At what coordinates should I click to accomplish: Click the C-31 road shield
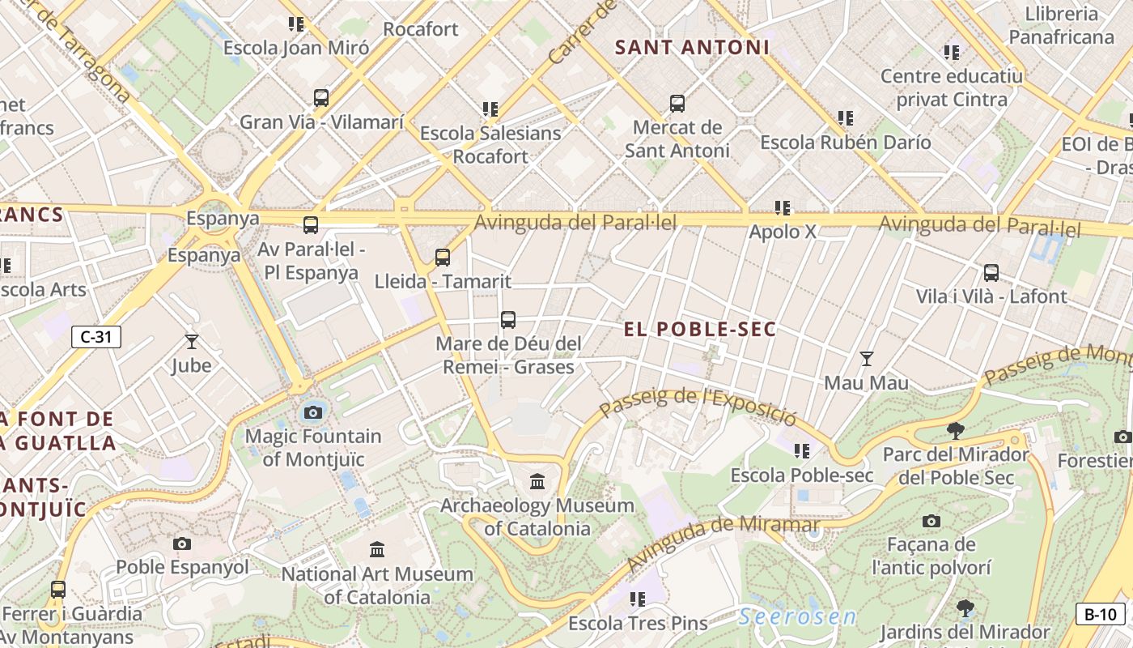96,337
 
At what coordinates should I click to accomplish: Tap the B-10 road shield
1100,614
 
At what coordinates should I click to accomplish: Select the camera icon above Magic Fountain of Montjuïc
313,412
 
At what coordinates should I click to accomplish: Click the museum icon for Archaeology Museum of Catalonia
537,482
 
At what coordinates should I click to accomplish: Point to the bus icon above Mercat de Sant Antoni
677,104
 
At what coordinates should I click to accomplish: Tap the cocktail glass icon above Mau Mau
867,358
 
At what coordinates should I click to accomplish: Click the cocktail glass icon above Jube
192,342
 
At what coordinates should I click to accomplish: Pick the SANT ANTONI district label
692,48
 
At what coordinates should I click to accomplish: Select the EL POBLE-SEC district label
700,329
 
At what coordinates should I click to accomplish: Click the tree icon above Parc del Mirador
956,430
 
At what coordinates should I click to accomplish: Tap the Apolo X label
783,232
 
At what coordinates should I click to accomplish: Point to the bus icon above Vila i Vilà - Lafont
991,273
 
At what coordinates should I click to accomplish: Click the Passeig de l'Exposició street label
698,407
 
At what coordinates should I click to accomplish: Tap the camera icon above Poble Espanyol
182,544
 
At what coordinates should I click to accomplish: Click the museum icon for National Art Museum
377,550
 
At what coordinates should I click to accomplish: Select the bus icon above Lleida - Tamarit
443,258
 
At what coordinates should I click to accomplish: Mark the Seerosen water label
797,617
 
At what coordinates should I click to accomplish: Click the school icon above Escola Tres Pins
638,599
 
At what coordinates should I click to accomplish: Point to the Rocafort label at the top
421,29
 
